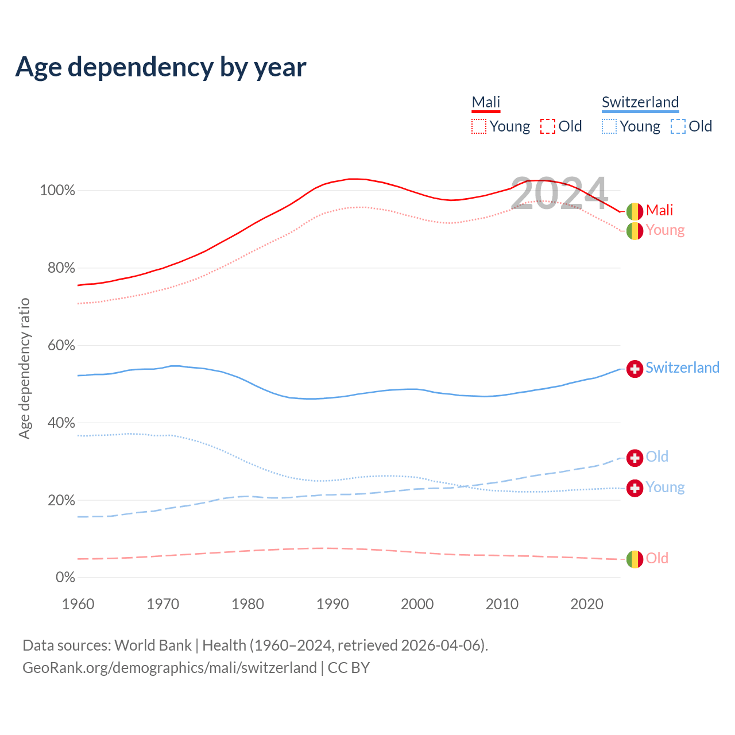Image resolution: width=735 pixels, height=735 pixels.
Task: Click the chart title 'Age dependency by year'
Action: pos(161,67)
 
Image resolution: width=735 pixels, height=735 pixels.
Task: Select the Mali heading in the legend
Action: pos(486,102)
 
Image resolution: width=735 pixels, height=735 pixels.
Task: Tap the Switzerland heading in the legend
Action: pos(640,102)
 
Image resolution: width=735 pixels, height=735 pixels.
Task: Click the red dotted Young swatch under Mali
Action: pos(479,126)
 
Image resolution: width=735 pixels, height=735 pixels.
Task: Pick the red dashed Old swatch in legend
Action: pos(548,126)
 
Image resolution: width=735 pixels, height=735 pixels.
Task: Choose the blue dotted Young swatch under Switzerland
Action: pos(609,126)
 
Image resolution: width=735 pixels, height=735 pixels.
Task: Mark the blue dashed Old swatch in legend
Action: pos(678,126)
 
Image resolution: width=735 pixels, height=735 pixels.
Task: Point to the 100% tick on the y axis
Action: pos(57,191)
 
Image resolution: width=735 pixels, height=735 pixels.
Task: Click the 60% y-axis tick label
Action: pos(57,346)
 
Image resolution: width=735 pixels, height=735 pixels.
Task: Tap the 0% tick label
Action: pos(65,578)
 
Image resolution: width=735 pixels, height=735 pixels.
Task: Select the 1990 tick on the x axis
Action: pos(332,604)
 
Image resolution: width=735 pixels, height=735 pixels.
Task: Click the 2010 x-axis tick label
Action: pos(502,604)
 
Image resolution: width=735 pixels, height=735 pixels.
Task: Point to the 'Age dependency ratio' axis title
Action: pos(24,368)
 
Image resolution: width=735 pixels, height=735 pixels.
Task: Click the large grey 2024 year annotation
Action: pos(559,194)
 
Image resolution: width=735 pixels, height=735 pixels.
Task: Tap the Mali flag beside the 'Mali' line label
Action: pos(635,211)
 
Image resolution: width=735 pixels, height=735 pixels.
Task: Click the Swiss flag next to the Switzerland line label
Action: pos(635,369)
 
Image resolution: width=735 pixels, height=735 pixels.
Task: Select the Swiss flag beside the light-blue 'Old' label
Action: pos(635,458)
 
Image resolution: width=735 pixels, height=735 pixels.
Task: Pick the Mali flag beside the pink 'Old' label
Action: pos(635,559)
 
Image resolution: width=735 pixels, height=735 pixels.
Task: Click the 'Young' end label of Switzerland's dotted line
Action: pos(665,488)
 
